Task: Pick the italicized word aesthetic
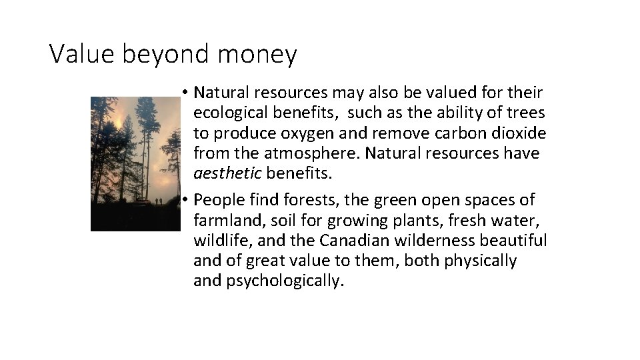coord(227,174)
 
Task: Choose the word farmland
coord(225,220)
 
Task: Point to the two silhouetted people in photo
coord(157,201)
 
